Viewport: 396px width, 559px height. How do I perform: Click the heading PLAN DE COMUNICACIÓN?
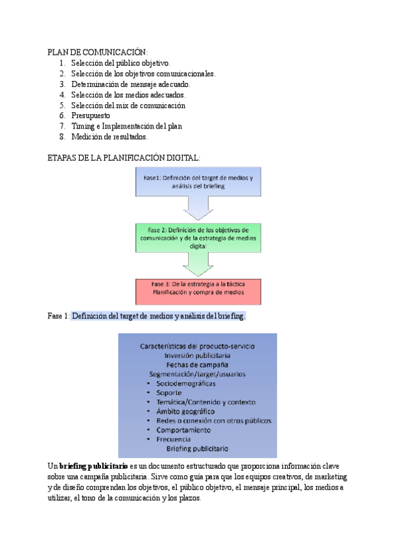coord(98,52)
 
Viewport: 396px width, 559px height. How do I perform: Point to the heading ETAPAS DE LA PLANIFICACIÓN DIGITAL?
coord(124,158)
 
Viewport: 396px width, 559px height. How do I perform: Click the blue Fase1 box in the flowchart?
coord(197,183)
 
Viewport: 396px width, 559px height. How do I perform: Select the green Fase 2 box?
coord(197,237)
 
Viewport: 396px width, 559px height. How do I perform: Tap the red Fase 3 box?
coord(197,287)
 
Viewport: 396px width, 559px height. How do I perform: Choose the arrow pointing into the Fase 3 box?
coord(197,264)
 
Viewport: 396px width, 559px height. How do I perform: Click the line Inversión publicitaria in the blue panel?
coord(197,355)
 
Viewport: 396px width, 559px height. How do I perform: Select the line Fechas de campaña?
coord(197,364)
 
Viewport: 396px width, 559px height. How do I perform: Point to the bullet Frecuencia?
coord(174,438)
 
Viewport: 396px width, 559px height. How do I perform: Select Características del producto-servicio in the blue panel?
coord(197,345)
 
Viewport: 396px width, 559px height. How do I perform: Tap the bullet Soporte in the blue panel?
coord(170,392)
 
